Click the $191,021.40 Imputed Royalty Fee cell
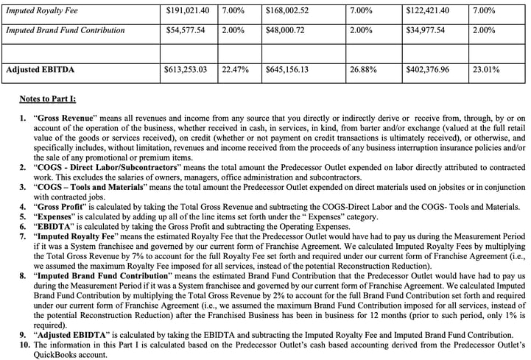tap(189, 11)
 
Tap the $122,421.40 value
tap(427, 11)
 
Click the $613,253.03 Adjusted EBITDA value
tap(189, 71)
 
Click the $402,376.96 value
tap(427, 71)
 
